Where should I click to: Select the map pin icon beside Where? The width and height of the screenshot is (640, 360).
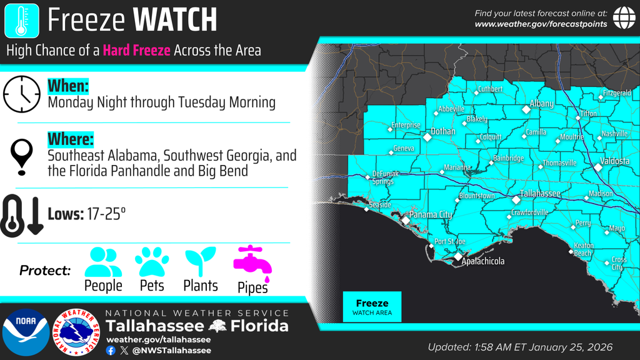click(22, 156)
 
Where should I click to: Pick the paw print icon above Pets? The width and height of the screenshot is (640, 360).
click(152, 262)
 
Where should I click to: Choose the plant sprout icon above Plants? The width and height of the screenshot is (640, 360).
click(200, 262)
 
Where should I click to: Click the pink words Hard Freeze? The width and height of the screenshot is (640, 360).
click(137, 50)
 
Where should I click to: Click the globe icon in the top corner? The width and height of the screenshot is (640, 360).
click(624, 18)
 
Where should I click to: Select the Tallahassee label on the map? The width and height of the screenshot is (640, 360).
click(540, 194)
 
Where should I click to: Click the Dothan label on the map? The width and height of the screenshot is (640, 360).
click(443, 132)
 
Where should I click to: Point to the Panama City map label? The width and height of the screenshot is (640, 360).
click(432, 215)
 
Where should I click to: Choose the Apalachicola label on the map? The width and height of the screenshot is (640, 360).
click(482, 261)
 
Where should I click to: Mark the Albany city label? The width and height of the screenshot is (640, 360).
click(541, 104)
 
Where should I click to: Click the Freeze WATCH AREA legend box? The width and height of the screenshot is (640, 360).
click(372, 307)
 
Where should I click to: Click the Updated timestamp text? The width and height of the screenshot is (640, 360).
click(520, 347)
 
